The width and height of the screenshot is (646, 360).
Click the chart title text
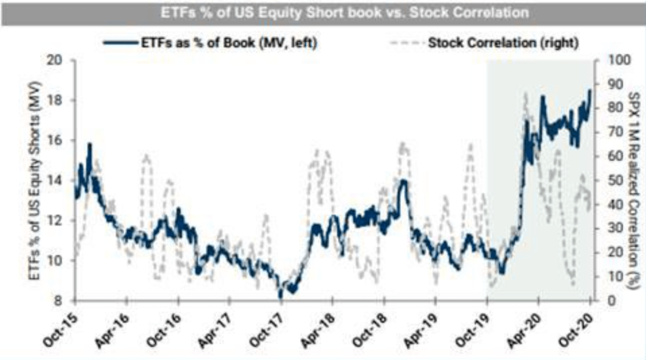[322, 12]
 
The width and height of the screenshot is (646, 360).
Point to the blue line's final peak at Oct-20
[590, 90]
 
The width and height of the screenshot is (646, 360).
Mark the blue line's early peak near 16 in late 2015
[90, 144]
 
